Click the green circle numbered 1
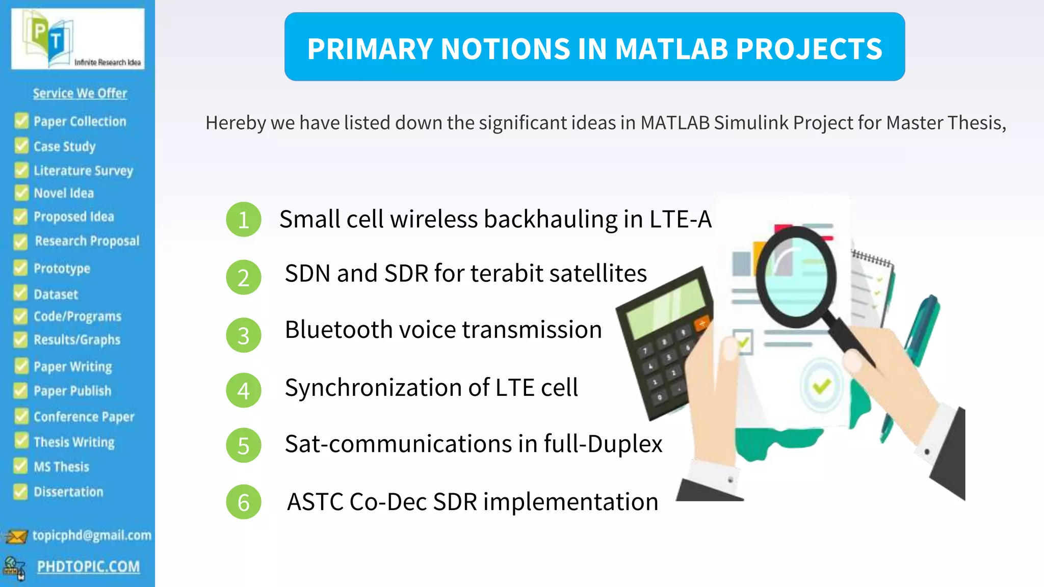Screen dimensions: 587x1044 click(x=244, y=220)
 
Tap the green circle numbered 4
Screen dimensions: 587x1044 click(x=244, y=390)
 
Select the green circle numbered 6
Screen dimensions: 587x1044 click(x=244, y=502)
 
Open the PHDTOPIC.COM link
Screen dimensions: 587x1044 click(x=88, y=567)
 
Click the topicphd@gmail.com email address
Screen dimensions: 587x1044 click(x=92, y=535)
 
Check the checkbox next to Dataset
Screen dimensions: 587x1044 click(x=20, y=293)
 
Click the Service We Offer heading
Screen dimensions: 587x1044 click(x=80, y=93)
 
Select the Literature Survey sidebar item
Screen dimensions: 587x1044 click(x=83, y=170)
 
